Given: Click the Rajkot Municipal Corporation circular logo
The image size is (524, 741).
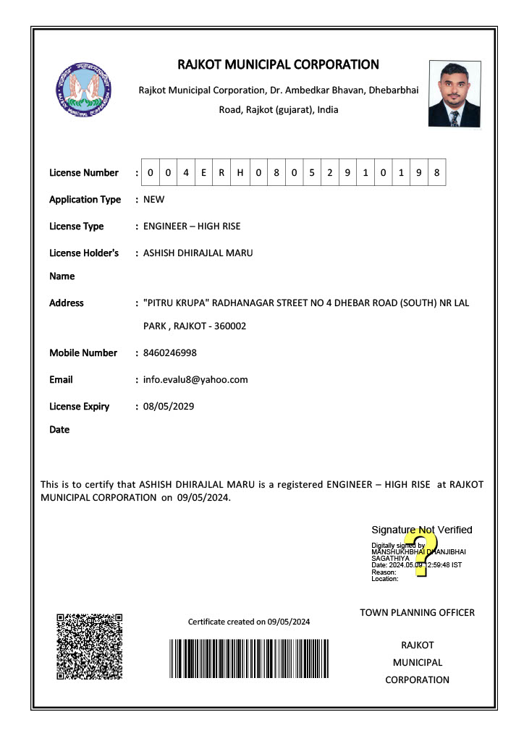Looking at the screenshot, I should [x=83, y=94].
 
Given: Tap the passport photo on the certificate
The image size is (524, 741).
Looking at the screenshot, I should [x=454, y=94].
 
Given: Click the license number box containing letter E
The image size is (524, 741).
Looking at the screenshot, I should [x=204, y=173].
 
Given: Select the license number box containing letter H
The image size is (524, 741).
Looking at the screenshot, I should [x=240, y=173].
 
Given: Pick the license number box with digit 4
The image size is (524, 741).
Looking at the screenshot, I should [x=186, y=173].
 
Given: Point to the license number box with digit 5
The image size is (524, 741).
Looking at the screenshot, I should [x=311, y=173].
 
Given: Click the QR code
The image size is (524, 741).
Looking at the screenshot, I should [x=89, y=646].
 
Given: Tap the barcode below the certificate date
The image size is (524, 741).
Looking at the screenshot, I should [x=249, y=659].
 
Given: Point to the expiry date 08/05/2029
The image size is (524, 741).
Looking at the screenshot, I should [x=169, y=407].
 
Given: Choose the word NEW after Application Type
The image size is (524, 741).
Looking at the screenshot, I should [x=154, y=200].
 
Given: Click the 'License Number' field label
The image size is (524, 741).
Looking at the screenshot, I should [x=84, y=173].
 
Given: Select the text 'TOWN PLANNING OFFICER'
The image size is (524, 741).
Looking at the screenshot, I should [x=417, y=613].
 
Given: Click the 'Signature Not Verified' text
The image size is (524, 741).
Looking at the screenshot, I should [x=421, y=530].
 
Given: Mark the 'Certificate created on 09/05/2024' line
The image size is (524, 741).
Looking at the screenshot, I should [x=249, y=622].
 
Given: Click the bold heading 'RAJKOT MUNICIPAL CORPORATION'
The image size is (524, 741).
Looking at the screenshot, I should [x=278, y=65].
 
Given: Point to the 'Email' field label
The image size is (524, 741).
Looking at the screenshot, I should [x=61, y=380].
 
